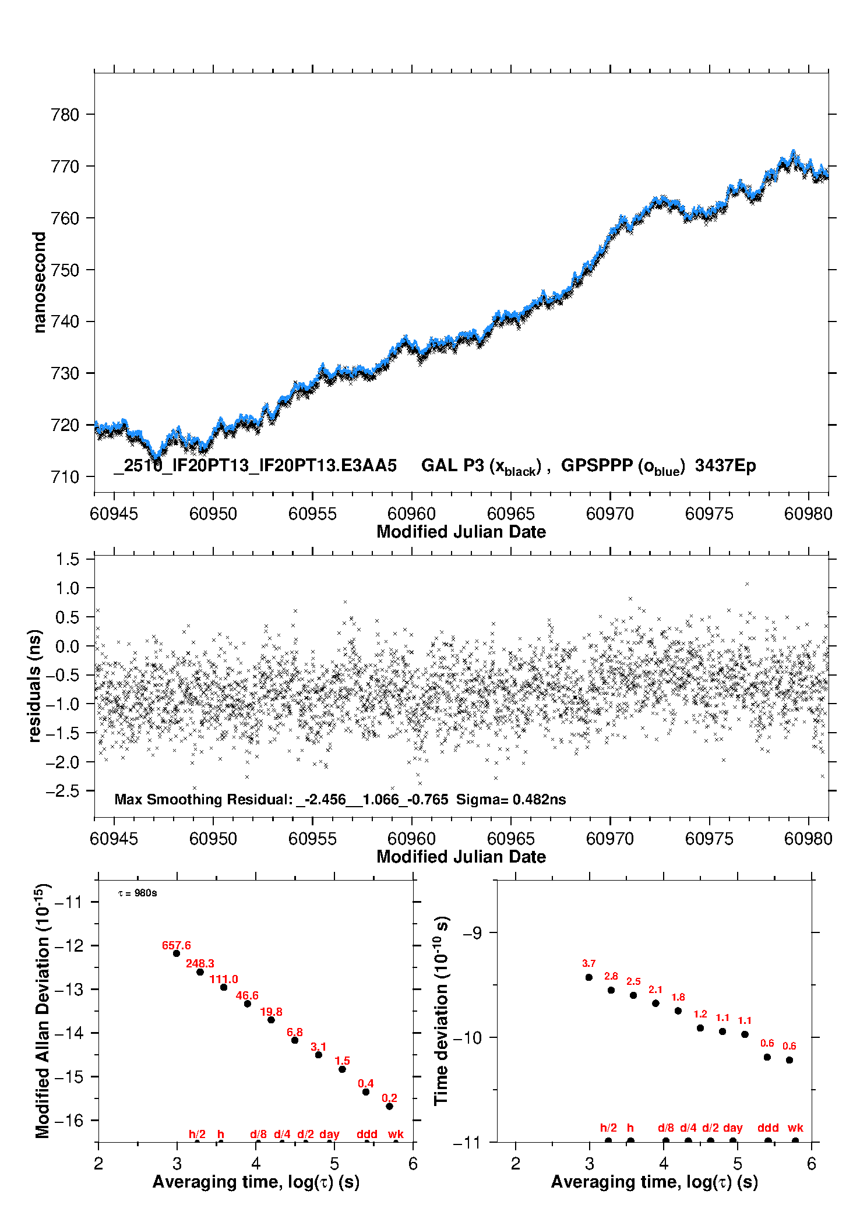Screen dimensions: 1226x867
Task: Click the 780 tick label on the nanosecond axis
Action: click(x=65, y=115)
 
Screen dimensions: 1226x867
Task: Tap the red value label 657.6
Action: click(x=176, y=945)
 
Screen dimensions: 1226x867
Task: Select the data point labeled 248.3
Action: click(x=200, y=972)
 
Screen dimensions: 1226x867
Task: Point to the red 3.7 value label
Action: click(x=588, y=964)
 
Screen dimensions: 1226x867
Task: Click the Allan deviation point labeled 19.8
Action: click(x=271, y=1020)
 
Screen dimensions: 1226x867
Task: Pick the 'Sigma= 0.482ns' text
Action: click(x=510, y=800)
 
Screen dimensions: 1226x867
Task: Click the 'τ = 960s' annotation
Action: click(x=138, y=893)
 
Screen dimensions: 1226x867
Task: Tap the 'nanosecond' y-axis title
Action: click(x=39, y=282)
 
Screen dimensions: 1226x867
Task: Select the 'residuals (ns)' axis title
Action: click(x=35, y=686)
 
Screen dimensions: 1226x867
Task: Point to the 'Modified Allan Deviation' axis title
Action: click(x=42, y=1011)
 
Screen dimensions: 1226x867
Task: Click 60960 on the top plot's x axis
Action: click(x=411, y=514)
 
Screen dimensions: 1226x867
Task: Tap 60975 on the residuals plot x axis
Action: click(x=709, y=839)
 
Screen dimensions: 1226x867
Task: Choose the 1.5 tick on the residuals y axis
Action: click(x=67, y=560)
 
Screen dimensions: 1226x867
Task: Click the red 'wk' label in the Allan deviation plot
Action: click(x=396, y=1134)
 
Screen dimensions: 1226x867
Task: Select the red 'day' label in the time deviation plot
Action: click(x=732, y=1128)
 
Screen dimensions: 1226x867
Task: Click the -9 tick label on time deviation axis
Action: click(x=472, y=933)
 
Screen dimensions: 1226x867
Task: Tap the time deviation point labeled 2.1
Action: click(x=655, y=1003)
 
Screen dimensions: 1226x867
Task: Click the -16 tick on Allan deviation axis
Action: click(x=69, y=1120)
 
